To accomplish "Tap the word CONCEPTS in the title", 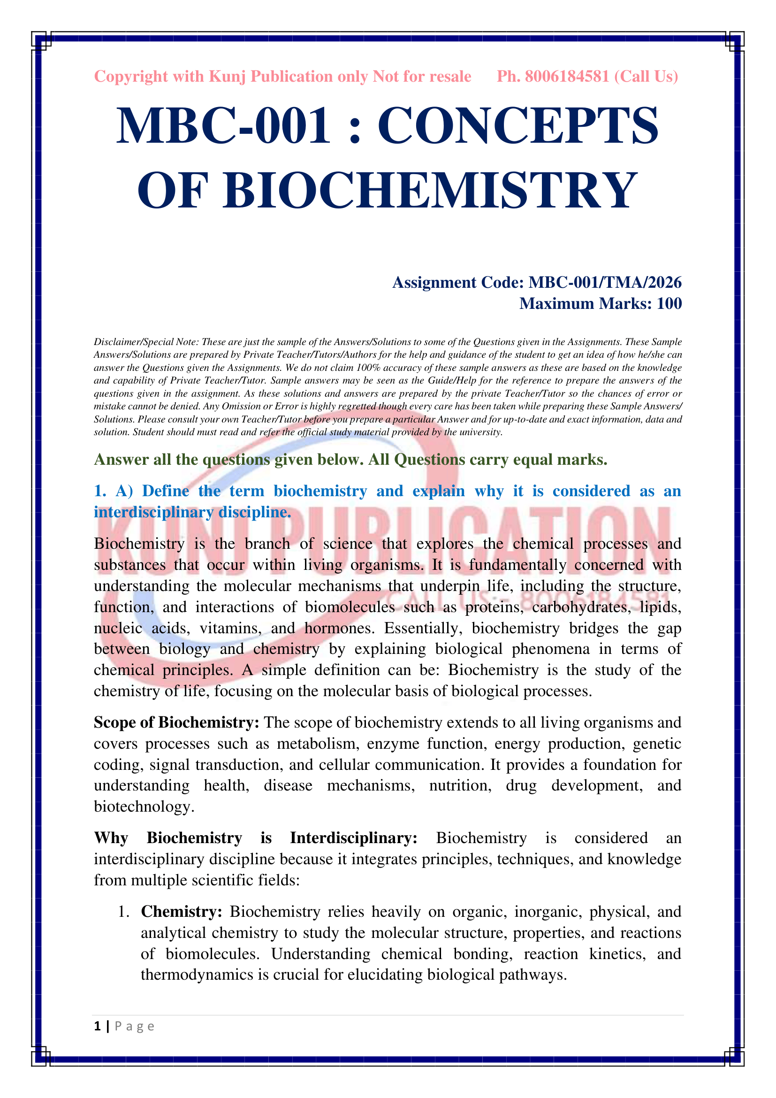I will [x=518, y=126].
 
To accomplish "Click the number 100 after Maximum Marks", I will [x=669, y=304].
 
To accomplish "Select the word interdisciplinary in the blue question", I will [x=153, y=512].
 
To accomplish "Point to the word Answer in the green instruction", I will [x=122, y=460].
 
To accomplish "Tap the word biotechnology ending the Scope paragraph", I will [x=143, y=807].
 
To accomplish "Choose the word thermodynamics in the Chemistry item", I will [x=197, y=975].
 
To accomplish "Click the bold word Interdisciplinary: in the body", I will [x=354, y=838].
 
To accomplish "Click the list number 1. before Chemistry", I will [x=124, y=912].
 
